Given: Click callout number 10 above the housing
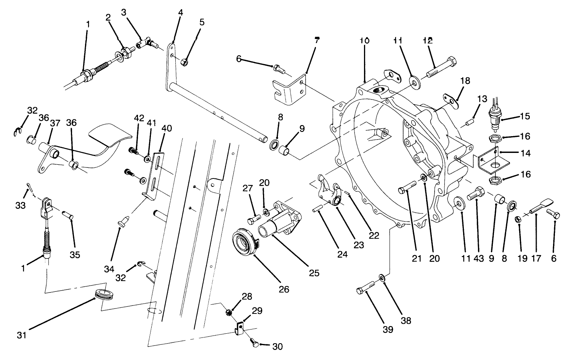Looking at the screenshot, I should (x=364, y=40).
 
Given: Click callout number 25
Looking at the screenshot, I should (x=314, y=273).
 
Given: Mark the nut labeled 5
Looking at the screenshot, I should (x=184, y=62).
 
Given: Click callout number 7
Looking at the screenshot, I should (x=317, y=40).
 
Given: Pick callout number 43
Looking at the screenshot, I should (x=478, y=259).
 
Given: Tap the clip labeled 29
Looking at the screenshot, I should (x=239, y=328).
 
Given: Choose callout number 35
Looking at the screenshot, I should (x=75, y=254).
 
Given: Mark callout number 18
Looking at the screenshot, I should (x=465, y=81).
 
